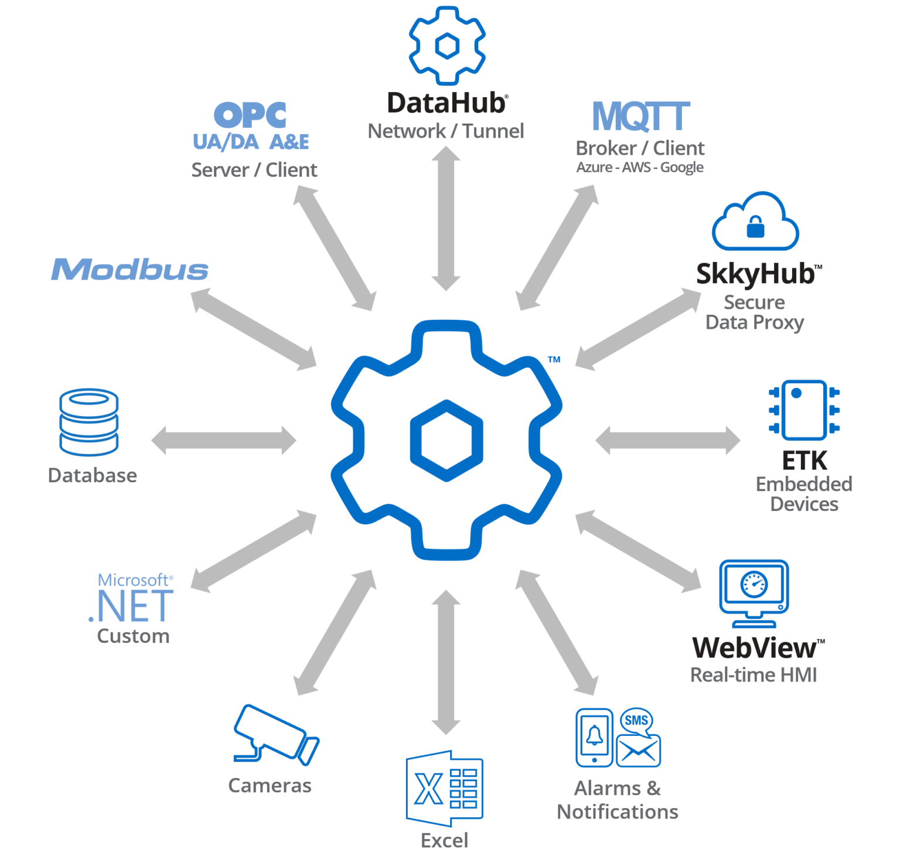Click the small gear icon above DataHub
tap(447, 45)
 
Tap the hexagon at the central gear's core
tap(446, 440)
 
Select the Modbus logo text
tap(129, 270)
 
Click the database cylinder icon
tap(89, 422)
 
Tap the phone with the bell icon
tap(594, 738)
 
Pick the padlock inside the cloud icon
tap(755, 227)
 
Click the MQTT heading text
tap(641, 116)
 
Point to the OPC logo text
tap(250, 115)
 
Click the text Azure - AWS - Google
tap(640, 168)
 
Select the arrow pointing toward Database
tap(224, 440)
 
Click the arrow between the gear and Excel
tap(446, 662)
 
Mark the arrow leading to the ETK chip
tap(667, 440)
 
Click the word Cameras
tap(270, 785)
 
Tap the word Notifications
tap(617, 812)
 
